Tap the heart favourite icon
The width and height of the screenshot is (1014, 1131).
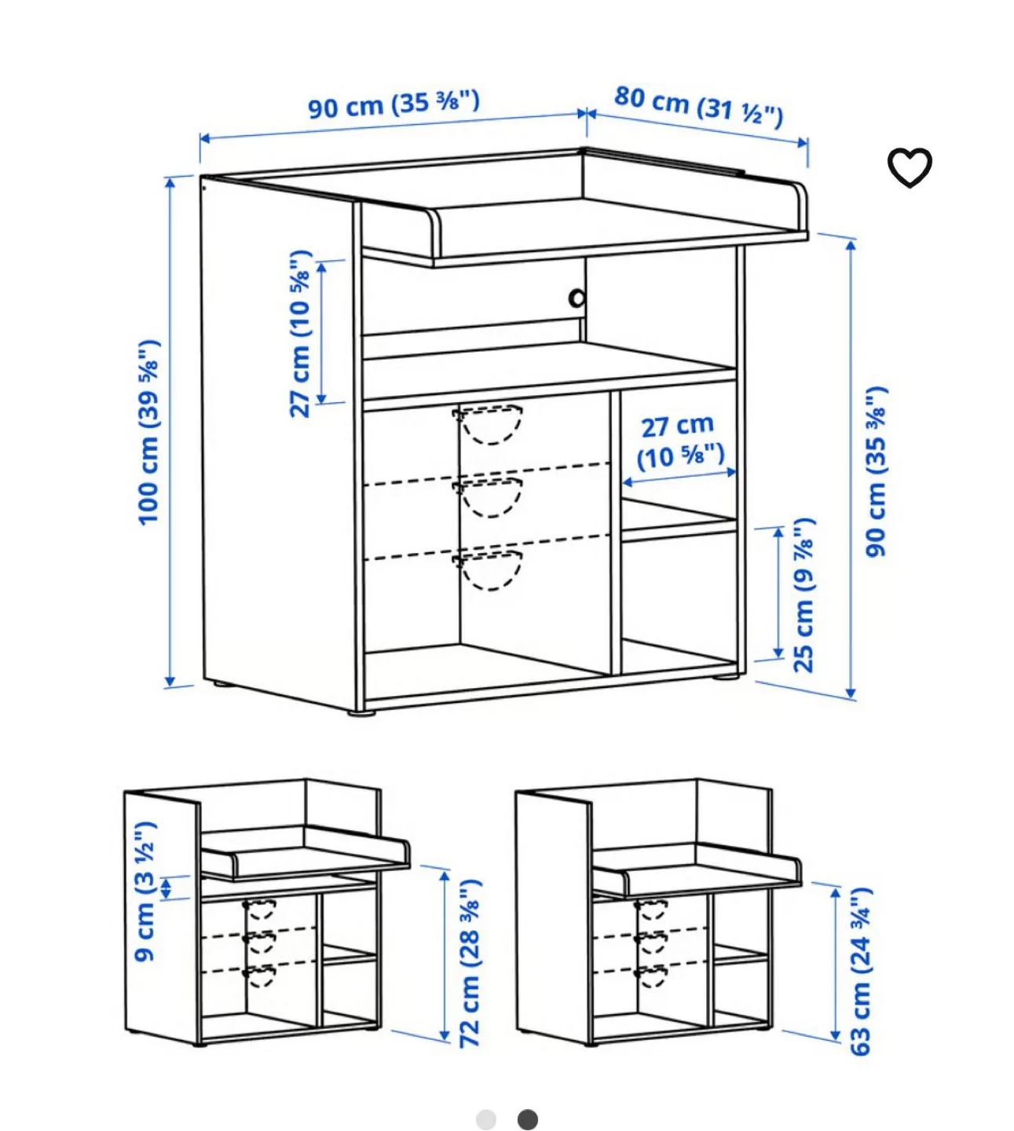(909, 167)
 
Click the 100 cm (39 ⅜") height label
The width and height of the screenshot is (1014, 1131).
(148, 432)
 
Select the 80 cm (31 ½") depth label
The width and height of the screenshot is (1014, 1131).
(698, 105)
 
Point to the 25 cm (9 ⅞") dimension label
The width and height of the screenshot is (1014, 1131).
(804, 595)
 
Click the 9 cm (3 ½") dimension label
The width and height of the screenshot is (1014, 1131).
(145, 891)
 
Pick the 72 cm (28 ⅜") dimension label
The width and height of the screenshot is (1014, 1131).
(470, 963)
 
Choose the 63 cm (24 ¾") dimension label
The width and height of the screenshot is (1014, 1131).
(861, 971)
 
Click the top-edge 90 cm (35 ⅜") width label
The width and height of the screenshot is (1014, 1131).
(393, 104)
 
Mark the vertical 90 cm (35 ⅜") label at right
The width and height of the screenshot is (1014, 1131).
(876, 471)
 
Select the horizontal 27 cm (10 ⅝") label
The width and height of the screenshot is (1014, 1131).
(679, 441)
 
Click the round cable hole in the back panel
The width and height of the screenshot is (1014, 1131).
(577, 298)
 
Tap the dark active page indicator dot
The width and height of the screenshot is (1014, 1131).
(528, 1119)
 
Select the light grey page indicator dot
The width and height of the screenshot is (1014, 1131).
(486, 1119)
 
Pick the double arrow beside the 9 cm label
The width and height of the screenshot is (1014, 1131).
(167, 888)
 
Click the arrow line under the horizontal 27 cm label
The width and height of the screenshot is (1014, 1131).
(679, 477)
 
